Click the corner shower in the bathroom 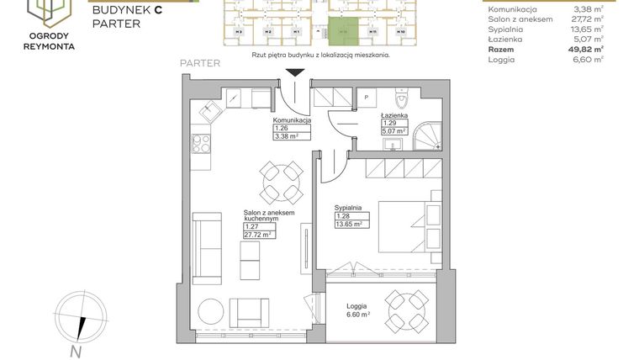coord(428,137)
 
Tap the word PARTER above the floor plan coord(200,63)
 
